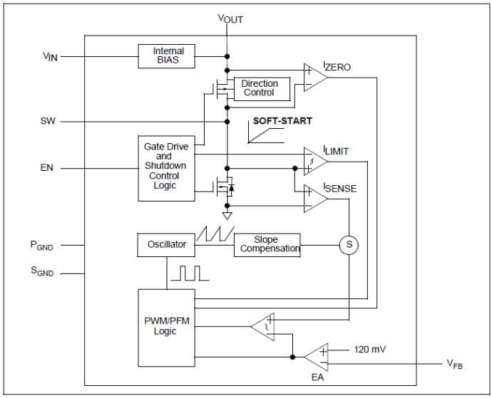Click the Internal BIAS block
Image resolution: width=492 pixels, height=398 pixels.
tap(168, 56)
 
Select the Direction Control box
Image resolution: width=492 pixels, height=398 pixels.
tap(259, 88)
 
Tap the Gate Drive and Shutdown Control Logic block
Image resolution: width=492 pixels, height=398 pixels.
tap(166, 166)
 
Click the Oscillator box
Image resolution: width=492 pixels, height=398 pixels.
tap(166, 244)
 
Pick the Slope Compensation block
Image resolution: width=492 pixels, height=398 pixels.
tap(266, 244)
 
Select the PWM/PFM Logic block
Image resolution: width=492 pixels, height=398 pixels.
tap(165, 326)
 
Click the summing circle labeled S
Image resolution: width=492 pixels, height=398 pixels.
tap(349, 244)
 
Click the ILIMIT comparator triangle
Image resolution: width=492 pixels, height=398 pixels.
tap(314, 160)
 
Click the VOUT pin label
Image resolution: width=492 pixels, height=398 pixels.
tap(230, 19)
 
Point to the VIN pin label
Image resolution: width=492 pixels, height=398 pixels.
tap(49, 56)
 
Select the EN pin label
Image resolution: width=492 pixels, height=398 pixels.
tap(48, 169)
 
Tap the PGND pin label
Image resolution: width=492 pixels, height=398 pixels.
tap(41, 246)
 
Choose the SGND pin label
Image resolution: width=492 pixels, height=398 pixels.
tap(41, 271)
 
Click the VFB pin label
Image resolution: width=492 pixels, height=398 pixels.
tap(455, 364)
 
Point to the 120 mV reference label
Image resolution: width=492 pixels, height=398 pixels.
tap(369, 350)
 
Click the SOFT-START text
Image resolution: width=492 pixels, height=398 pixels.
tap(282, 121)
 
